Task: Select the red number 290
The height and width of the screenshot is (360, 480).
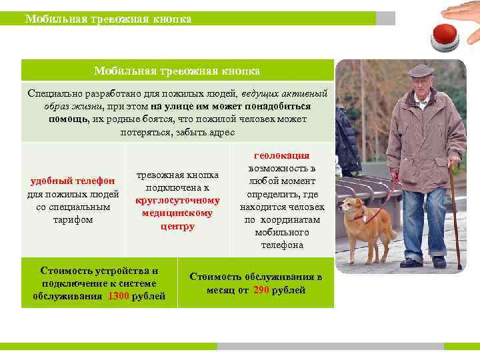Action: point(261,290)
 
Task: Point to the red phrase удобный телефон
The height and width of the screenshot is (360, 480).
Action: point(73,181)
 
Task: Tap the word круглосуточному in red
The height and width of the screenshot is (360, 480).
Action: point(177,200)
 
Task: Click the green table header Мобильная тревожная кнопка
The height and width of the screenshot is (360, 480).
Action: point(177,71)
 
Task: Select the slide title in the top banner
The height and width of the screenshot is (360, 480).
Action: point(108,19)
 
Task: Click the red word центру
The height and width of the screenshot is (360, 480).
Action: point(177,227)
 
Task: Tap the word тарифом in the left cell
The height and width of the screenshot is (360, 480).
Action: point(73,219)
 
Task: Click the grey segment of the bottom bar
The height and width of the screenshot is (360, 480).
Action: point(330,347)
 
